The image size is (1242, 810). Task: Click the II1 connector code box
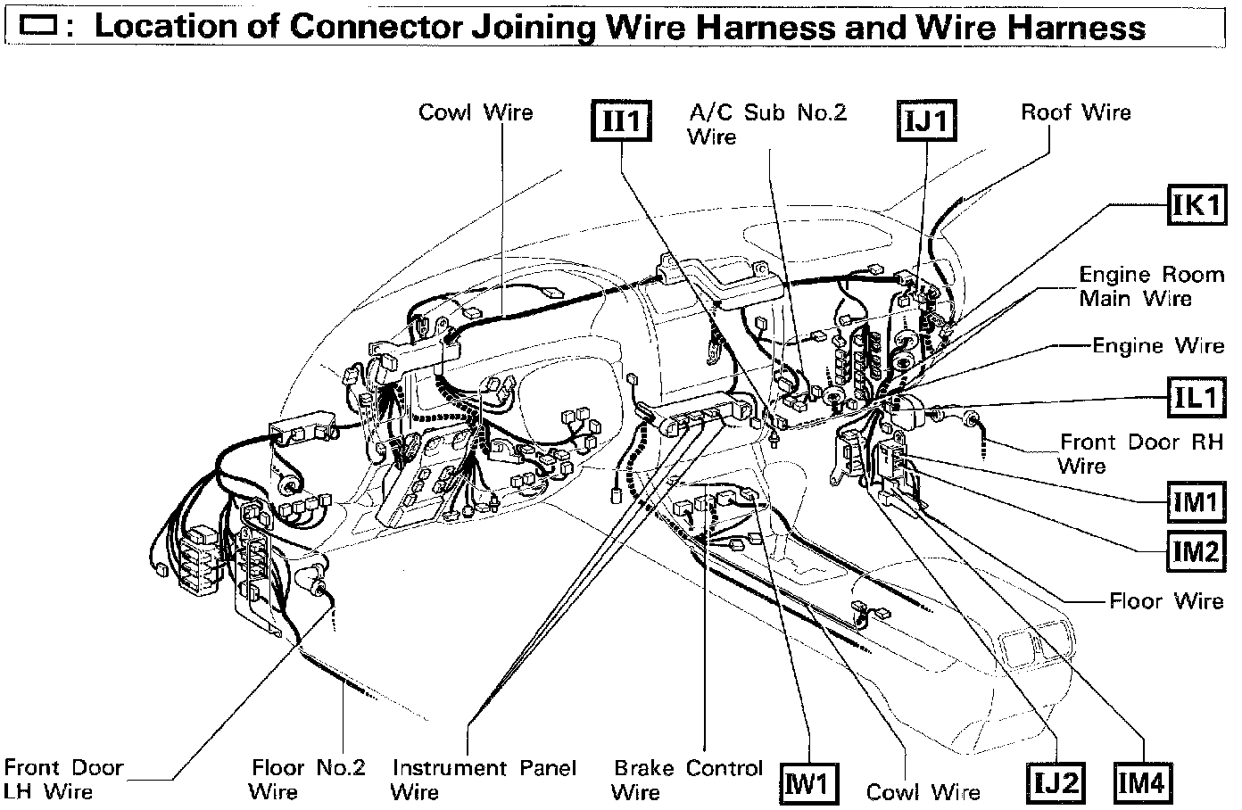tap(621, 120)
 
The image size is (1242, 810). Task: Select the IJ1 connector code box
tap(926, 120)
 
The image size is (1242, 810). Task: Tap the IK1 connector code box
tap(1197, 204)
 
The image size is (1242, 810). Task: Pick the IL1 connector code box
tap(1197, 397)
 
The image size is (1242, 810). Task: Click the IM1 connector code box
tap(1197, 502)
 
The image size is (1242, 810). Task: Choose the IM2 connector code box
tap(1197, 551)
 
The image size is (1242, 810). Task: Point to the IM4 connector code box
tap(1143, 783)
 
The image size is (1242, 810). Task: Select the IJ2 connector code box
tap(1056, 783)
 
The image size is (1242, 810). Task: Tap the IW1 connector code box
tap(809, 783)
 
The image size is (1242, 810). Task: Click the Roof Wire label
tap(1076, 112)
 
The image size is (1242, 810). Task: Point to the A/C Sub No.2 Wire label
tap(767, 125)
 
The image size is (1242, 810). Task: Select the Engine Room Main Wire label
tap(1152, 286)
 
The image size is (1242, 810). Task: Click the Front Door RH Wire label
tap(1140, 454)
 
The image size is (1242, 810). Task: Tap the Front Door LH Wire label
tap(63, 780)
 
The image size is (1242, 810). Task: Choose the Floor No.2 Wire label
tap(307, 780)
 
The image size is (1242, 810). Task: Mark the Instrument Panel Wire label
tap(484, 780)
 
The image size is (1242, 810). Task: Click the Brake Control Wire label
tap(687, 780)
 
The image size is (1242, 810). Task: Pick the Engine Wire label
tap(1158, 346)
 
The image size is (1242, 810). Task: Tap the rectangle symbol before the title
tap(37, 26)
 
